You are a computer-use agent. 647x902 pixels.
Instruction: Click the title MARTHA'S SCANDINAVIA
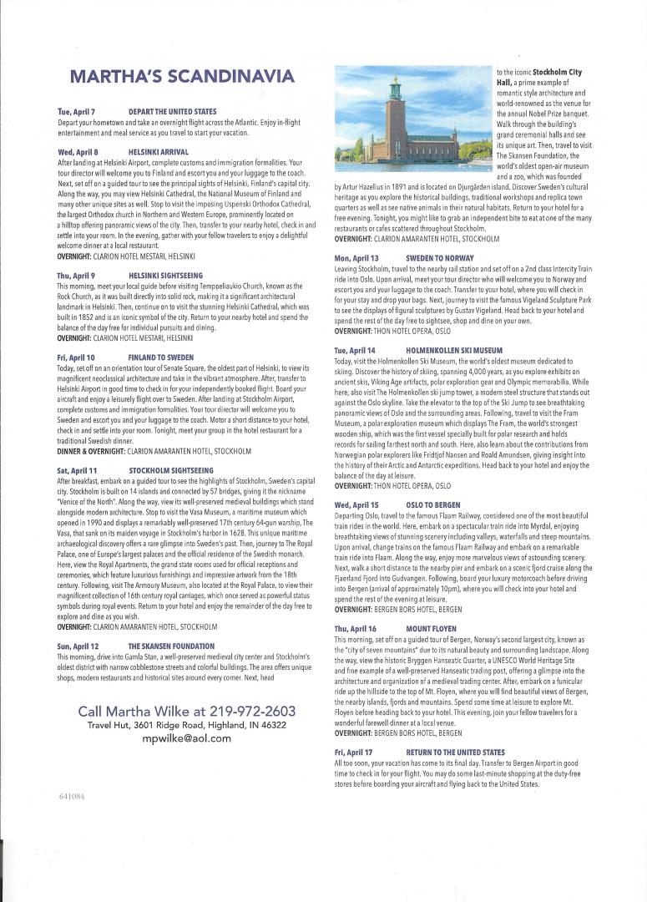coord(182,78)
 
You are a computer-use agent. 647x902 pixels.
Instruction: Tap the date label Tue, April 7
coord(76,111)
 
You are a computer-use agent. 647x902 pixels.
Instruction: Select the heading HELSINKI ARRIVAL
coord(159,152)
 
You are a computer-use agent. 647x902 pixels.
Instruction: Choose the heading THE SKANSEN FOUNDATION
coord(171,623)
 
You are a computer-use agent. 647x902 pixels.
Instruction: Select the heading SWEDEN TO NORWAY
coord(440,259)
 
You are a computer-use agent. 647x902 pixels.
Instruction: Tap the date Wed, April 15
coord(356,505)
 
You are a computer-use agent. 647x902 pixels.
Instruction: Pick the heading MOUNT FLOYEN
coord(431,627)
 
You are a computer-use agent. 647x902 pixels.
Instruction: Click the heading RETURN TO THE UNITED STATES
coord(455,752)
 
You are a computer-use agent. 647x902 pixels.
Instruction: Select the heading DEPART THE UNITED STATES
coord(172,111)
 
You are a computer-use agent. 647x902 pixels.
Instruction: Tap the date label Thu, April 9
coord(76,275)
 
